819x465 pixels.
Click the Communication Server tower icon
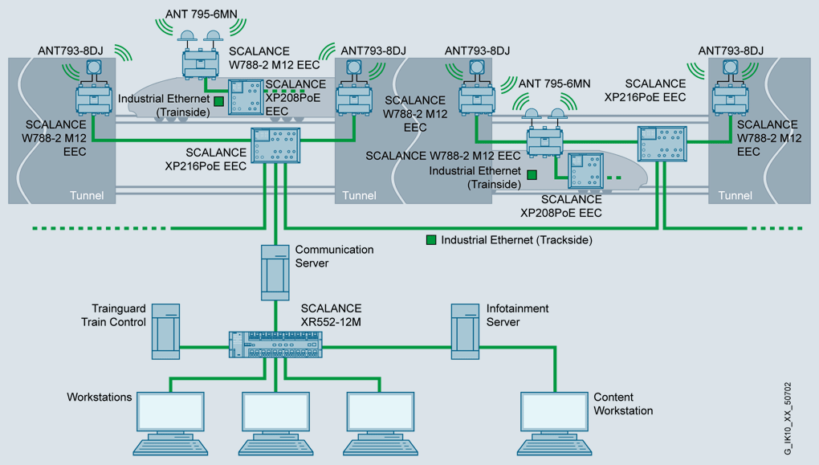click(x=275, y=273)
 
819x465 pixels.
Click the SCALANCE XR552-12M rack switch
click(x=275, y=345)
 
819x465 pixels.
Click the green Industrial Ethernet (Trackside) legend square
click(x=431, y=239)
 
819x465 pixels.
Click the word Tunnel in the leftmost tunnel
click(x=88, y=195)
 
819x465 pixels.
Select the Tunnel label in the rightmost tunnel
click(x=735, y=195)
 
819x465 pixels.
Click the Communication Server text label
click(x=334, y=256)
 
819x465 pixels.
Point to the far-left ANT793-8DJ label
click(x=71, y=51)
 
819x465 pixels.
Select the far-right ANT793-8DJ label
click(x=731, y=51)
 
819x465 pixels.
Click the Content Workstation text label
click(x=623, y=404)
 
